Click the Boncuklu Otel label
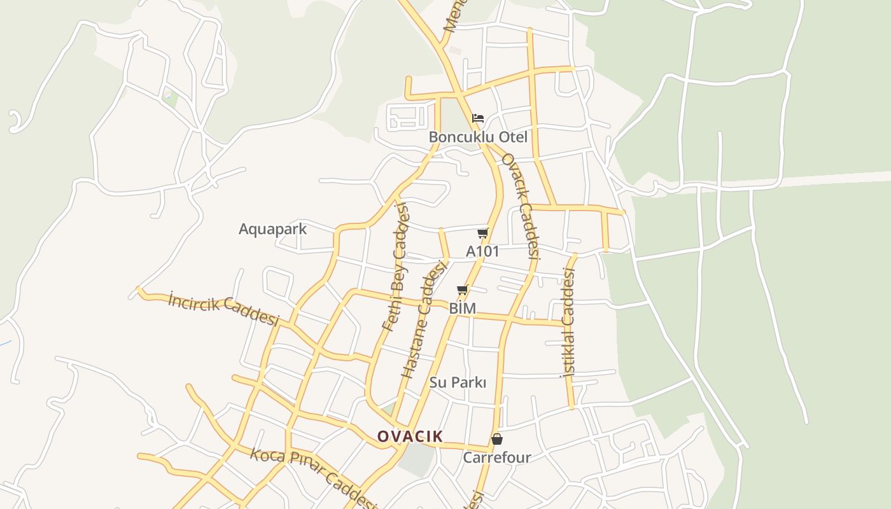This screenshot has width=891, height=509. [477, 137]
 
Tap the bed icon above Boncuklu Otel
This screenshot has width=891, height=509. [478, 118]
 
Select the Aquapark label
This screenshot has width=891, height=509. [272, 229]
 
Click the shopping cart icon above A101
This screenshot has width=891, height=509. [483, 233]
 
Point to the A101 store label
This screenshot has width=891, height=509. [482, 251]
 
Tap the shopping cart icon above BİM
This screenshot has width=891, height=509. [463, 290]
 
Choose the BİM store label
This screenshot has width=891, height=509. [463, 309]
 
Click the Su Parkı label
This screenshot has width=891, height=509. [458, 382]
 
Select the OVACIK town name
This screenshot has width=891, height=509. [410, 436]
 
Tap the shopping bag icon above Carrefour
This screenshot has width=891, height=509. [497, 439]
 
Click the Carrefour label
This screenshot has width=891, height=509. [496, 457]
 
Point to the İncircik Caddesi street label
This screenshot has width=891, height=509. [224, 309]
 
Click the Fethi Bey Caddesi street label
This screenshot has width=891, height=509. [395, 267]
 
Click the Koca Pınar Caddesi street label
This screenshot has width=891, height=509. [313, 477]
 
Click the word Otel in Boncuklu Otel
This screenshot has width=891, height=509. [513, 137]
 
